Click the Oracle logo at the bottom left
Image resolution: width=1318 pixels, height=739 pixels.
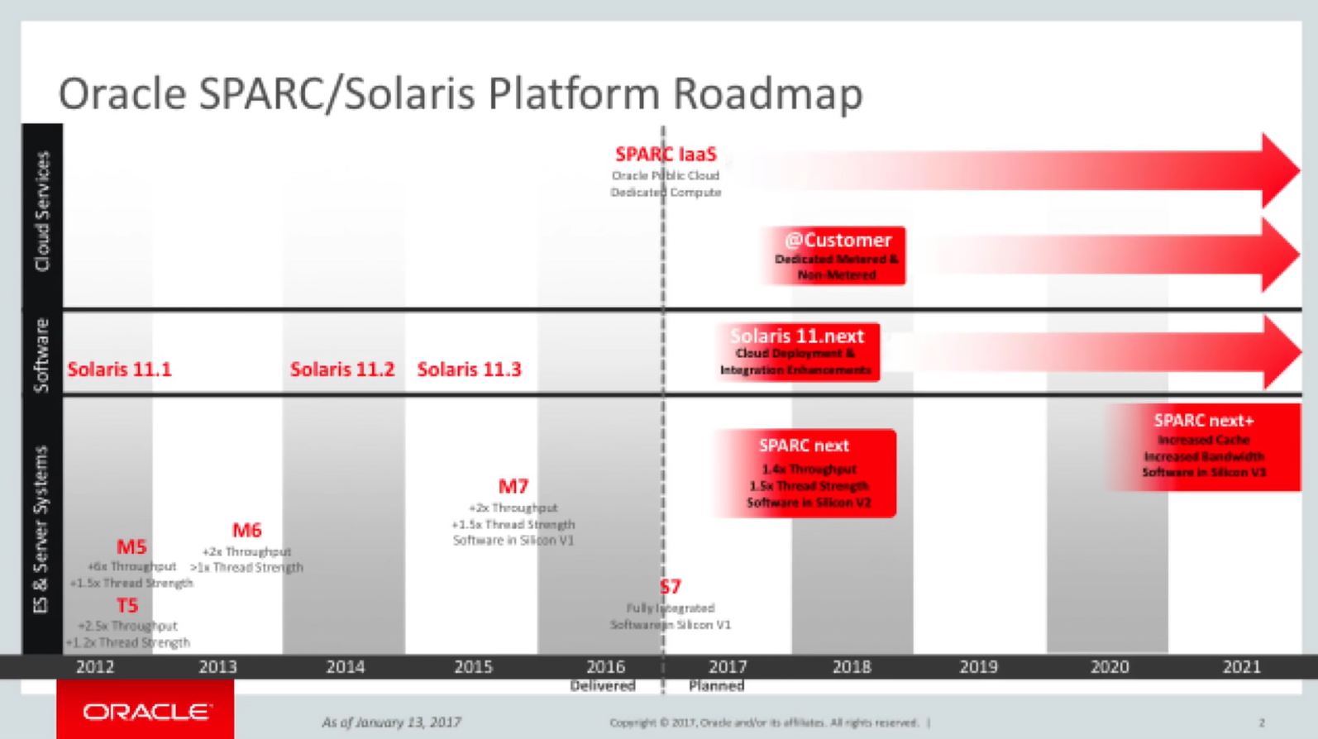pyautogui.click(x=146, y=711)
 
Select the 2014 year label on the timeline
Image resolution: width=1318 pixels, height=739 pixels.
pyautogui.click(x=345, y=667)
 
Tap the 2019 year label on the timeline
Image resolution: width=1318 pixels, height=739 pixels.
pyautogui.click(x=978, y=667)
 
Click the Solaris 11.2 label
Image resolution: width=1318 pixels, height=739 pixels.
pyautogui.click(x=341, y=369)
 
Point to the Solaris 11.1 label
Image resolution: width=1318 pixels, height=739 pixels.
pyautogui.click(x=119, y=369)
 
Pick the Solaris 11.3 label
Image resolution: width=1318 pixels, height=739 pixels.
pyautogui.click(x=469, y=369)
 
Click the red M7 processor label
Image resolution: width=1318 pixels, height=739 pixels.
pyautogui.click(x=513, y=486)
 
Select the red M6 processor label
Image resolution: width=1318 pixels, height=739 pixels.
pyautogui.click(x=246, y=530)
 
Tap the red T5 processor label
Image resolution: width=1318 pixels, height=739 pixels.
pyautogui.click(x=127, y=606)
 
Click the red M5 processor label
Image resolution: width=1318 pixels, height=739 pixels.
pyautogui.click(x=131, y=547)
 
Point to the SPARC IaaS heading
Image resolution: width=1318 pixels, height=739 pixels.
pyautogui.click(x=666, y=155)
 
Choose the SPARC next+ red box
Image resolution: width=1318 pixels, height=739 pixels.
pyautogui.click(x=1204, y=446)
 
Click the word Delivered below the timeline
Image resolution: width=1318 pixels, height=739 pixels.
pyautogui.click(x=602, y=686)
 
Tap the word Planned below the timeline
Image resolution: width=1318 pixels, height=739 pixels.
pyautogui.click(x=716, y=686)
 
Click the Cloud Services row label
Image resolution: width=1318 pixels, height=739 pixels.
pyautogui.click(x=42, y=212)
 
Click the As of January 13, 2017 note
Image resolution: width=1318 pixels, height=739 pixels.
pyautogui.click(x=391, y=722)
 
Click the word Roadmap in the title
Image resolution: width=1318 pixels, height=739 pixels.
pyautogui.click(x=768, y=93)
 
